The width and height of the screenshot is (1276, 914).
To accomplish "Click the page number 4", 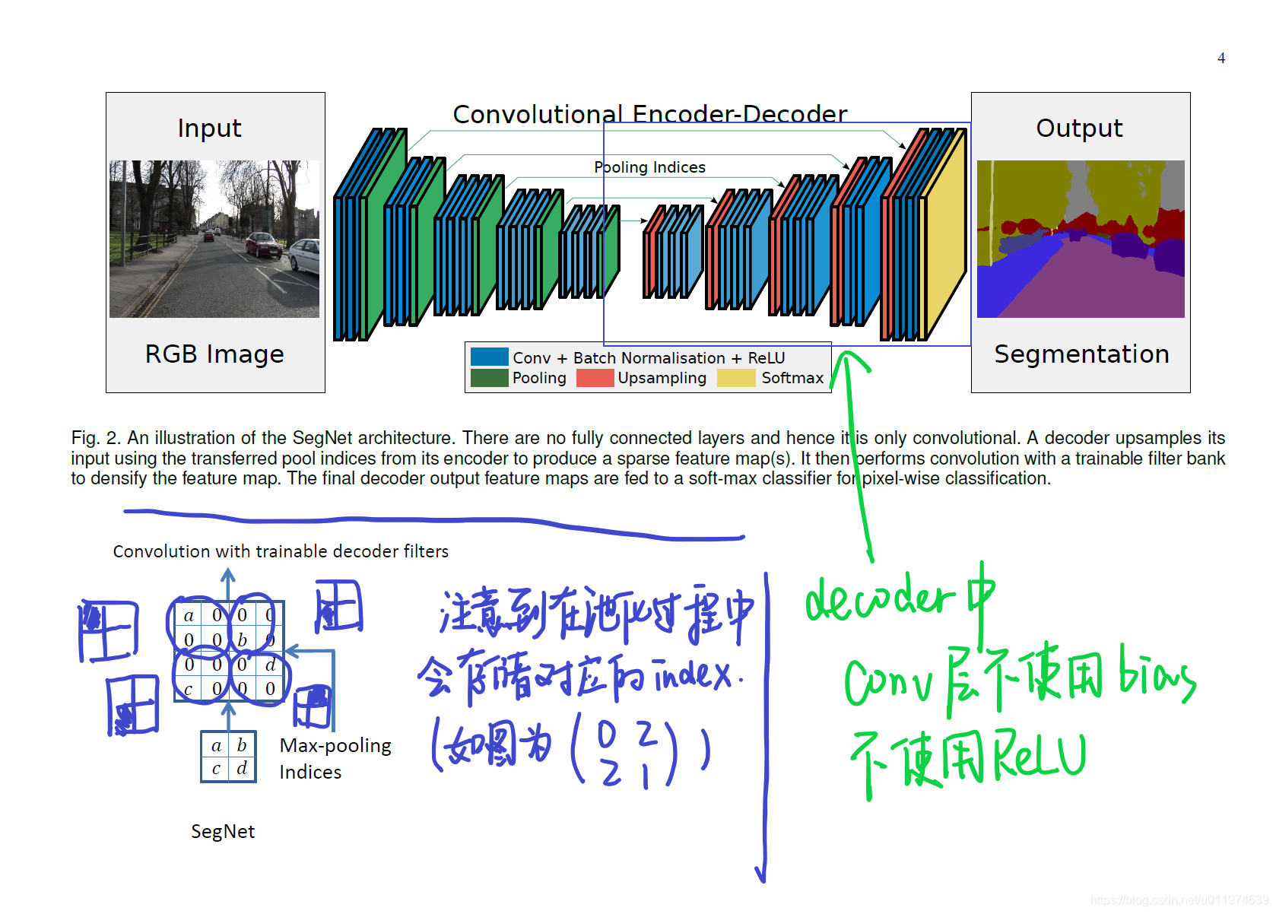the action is tap(1220, 59).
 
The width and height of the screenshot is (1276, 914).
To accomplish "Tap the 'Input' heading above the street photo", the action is tap(209, 129).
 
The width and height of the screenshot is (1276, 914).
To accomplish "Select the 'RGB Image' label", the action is tap(214, 354).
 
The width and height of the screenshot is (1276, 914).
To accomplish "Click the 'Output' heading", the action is tap(1079, 128).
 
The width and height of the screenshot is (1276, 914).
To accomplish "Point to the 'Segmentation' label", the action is tap(1081, 354).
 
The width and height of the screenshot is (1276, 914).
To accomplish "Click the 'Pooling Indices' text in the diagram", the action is tap(649, 167).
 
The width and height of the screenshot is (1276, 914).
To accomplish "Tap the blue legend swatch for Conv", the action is tap(489, 357).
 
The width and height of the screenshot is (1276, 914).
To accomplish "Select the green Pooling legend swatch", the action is tap(489, 378).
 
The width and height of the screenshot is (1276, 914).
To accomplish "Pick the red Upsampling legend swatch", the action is tap(595, 378).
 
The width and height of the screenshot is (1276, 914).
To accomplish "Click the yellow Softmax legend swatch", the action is tap(735, 378).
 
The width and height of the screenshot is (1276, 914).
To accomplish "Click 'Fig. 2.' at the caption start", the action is tap(96, 438).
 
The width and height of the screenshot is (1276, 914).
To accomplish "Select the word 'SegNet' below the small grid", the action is tap(223, 831).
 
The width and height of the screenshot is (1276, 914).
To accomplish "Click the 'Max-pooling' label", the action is tap(335, 745).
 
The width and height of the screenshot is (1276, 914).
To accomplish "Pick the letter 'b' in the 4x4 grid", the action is tap(243, 640).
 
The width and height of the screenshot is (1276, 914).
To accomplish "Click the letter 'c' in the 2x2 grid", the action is tap(216, 769).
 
